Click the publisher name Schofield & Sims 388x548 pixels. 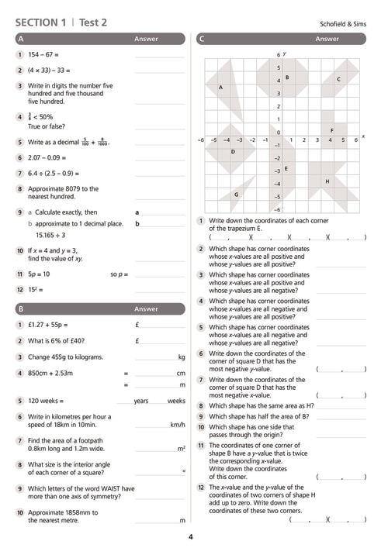[x=343, y=24]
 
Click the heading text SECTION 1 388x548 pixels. [x=40, y=22]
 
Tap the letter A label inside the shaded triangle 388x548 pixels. [x=220, y=87]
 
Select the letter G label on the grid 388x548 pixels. [x=236, y=195]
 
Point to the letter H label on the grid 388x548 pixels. [x=327, y=181]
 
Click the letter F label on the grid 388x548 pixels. [x=332, y=130]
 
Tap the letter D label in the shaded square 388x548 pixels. [x=233, y=152]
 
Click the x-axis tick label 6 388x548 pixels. [x=356, y=140]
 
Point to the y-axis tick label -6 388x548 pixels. [x=277, y=210]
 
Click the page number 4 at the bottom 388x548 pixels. [x=191, y=537]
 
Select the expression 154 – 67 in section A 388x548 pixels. [x=40, y=54]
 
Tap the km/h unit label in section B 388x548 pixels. [x=178, y=425]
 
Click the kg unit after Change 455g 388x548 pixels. [x=182, y=357]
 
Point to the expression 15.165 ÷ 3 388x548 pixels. [x=50, y=235]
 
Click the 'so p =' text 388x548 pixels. [x=120, y=274]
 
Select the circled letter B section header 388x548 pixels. [x=21, y=309]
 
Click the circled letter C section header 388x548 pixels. [x=201, y=39]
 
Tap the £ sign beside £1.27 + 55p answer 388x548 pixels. [x=137, y=325]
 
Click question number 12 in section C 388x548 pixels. [x=201, y=488]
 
